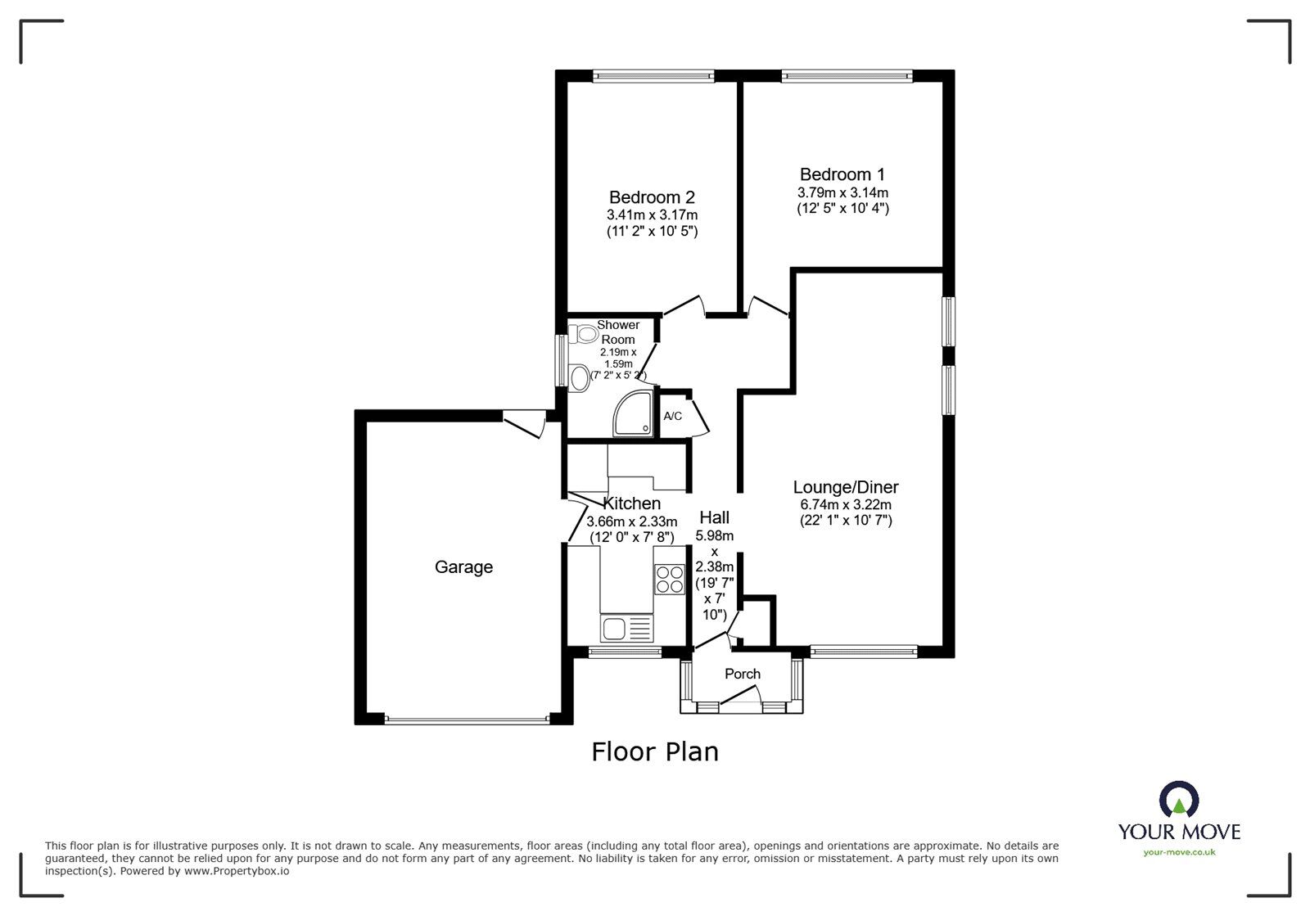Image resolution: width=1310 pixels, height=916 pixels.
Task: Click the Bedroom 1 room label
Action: coord(842,174)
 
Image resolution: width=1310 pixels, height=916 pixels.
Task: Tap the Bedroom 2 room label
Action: coord(652,197)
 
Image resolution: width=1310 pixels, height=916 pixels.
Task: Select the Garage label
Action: coord(463,566)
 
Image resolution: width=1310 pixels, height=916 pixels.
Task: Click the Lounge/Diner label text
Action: coord(845,488)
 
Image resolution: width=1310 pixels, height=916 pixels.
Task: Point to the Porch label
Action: coord(743,674)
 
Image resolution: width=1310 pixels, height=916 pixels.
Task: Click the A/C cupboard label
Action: coord(672,416)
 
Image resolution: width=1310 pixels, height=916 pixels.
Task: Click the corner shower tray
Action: coord(635,413)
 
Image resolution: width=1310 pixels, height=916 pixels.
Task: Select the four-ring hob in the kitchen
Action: coord(669,580)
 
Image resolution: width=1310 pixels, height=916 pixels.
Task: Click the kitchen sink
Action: coord(625,629)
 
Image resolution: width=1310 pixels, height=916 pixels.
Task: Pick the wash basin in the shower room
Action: coord(580,377)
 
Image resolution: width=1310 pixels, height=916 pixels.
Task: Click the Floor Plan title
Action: coord(655,751)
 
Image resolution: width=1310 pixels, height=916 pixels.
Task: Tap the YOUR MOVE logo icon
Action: coord(1179,800)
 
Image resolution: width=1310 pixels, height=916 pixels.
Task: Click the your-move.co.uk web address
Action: coord(1179,852)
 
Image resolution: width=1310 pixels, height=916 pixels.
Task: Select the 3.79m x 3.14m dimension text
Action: coord(842,193)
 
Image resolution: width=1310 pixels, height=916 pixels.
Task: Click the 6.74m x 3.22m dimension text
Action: coord(845,505)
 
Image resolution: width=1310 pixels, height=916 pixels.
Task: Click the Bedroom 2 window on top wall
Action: coord(653,76)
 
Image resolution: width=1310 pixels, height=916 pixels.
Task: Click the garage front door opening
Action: coord(467,720)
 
